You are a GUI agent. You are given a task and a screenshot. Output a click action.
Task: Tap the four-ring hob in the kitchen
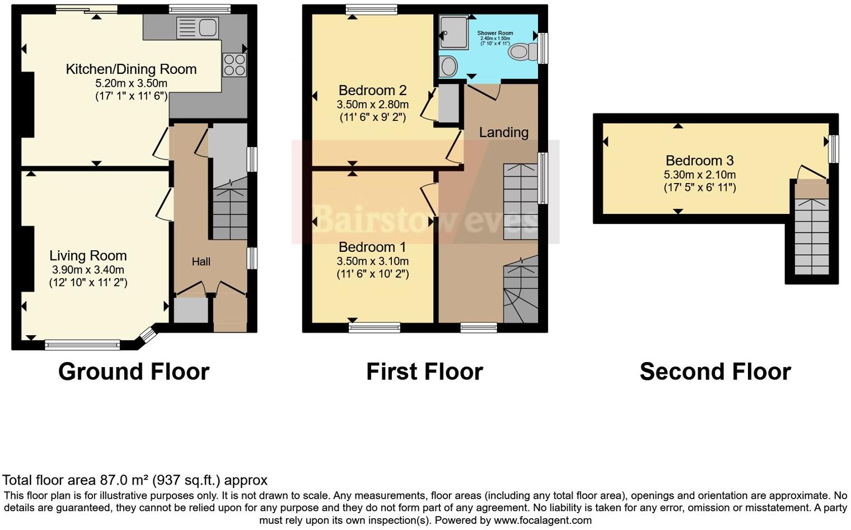tap(235, 64)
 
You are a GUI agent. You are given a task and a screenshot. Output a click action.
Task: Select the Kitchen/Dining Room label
tap(131, 69)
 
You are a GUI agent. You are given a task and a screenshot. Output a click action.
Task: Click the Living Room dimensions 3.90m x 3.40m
tap(88, 270)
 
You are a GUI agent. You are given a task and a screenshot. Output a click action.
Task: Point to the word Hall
tap(201, 261)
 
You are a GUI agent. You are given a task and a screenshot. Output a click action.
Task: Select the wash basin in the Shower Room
tap(448, 67)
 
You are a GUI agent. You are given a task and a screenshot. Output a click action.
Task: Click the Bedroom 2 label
tap(372, 90)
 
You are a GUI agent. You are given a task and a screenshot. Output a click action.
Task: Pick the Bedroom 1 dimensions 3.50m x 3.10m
tap(372, 261)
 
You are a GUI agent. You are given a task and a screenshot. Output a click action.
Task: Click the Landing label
tap(503, 132)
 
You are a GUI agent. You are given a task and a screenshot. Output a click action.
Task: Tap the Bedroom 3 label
tap(699, 161)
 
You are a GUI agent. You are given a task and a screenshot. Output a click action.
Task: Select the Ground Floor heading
tap(134, 372)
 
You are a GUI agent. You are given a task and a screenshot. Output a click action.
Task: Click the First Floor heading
tap(424, 372)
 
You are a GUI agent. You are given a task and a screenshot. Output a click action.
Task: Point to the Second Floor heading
tap(715, 372)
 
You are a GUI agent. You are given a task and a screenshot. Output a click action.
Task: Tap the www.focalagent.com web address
tap(542, 520)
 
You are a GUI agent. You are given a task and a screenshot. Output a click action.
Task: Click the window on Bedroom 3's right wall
tap(834, 149)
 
